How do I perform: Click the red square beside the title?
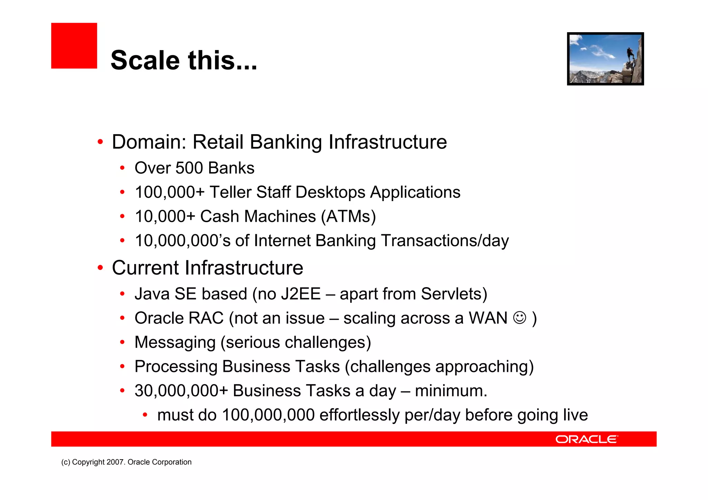pyautogui.click(x=74, y=46)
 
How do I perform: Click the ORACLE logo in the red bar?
pyautogui.click(x=586, y=439)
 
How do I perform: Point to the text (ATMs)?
pyautogui.click(x=348, y=217)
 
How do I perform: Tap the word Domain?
pyautogui.click(x=149, y=142)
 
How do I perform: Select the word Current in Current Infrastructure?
pyautogui.click(x=147, y=268)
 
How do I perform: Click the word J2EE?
pyautogui.click(x=301, y=294)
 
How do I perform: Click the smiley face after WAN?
pyautogui.click(x=520, y=318)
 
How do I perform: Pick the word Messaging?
pyautogui.click(x=175, y=342)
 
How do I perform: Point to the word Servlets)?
pyautogui.click(x=454, y=294)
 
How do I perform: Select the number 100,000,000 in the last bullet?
pyautogui.click(x=268, y=415)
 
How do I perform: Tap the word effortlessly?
pyautogui.click(x=359, y=415)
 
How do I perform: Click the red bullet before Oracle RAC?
pyautogui.click(x=122, y=318)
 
